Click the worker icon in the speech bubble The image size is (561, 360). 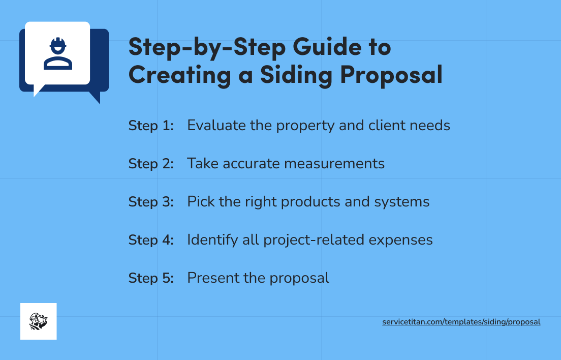coord(57,53)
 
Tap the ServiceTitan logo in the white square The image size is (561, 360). coord(38,321)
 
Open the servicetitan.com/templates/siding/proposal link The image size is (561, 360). coord(461,322)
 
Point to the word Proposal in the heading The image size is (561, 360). coord(391,75)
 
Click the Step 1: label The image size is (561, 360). coord(151,125)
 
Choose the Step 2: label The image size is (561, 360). coord(151,163)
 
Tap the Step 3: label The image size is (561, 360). coord(151,201)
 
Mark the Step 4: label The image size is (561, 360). coord(151,239)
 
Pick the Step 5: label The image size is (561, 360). coord(151,278)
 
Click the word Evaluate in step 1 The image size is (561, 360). coord(216,125)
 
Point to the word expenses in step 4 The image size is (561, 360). coord(402,240)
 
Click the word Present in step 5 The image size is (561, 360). coord(210,278)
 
